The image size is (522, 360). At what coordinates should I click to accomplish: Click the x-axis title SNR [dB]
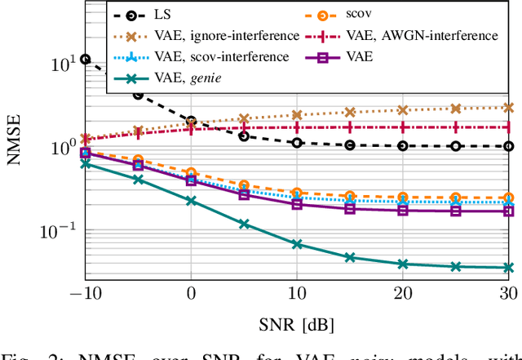[297, 324]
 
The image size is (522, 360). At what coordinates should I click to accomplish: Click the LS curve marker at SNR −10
[85, 59]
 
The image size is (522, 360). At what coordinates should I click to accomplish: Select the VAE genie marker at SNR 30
[509, 267]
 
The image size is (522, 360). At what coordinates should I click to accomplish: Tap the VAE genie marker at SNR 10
[297, 244]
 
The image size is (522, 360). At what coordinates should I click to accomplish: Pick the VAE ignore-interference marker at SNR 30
[509, 107]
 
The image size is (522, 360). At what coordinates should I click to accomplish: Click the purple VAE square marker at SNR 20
[403, 210]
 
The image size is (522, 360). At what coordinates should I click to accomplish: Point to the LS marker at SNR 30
[509, 146]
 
